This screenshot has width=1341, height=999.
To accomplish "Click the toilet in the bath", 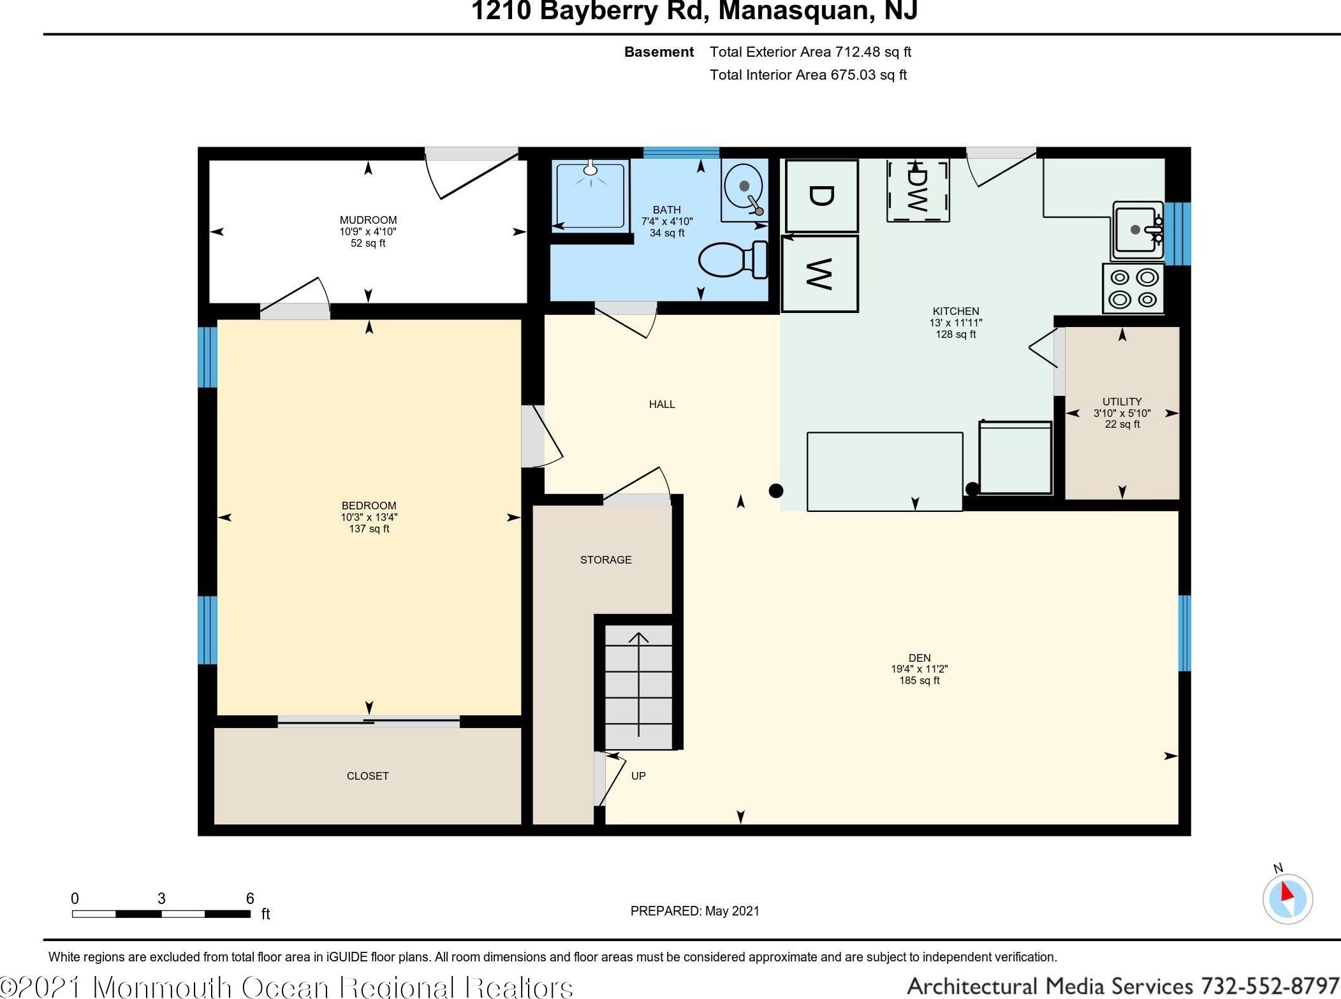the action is coord(733,259).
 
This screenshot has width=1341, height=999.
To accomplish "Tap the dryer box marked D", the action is coord(821,196).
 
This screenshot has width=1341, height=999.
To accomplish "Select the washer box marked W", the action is coord(819,274).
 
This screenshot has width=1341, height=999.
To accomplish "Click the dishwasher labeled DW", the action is coord(918,191).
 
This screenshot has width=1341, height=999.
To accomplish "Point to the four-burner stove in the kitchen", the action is coord(1133,289).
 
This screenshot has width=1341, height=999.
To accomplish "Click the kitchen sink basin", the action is coord(1136,230).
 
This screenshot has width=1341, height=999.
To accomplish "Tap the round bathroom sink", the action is coord(744,186).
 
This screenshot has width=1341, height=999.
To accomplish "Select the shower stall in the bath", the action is coord(590,194).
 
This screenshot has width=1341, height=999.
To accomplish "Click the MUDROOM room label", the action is coord(368,220).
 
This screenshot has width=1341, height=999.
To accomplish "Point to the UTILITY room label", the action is coord(1122,402).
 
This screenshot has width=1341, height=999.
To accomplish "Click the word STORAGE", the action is coord(606,560).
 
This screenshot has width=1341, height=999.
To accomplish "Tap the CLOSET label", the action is coord(367,776).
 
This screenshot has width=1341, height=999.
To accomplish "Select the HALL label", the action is coord(662,404).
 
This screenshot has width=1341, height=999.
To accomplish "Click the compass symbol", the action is coord(1287,898).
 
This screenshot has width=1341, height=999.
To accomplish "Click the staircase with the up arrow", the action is coord(638,687).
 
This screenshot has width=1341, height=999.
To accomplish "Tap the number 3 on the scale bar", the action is coord(161,898).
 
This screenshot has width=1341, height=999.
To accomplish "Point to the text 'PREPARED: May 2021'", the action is coord(694,911).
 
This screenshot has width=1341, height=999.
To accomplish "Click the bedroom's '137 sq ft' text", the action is coord(369,529).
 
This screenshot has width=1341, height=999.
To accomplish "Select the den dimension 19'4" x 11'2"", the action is coord(919,669).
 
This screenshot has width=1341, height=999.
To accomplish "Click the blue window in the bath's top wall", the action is coord(681,153).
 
